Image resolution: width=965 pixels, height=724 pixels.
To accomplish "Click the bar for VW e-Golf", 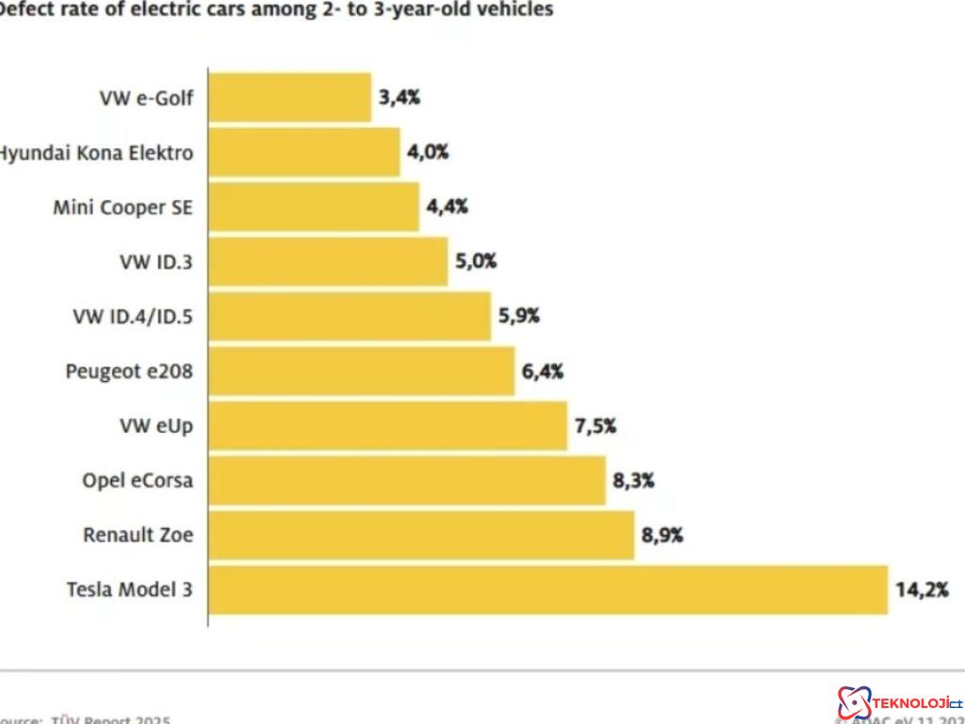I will coord(289,98).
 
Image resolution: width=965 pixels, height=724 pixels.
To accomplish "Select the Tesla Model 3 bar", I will coord(548,590).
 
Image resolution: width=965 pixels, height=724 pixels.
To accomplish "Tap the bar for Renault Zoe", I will coord(420,535).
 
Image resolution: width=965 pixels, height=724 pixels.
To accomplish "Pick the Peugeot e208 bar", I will coord(361,371).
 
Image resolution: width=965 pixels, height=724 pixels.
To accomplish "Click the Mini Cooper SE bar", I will coord(313,207).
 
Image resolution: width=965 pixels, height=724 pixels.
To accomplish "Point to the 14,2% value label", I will coord(922,590).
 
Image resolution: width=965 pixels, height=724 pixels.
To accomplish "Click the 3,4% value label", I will coord(399,98).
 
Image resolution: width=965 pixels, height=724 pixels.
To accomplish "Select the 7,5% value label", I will coord(596,426).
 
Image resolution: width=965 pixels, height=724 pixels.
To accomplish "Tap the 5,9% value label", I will coord(519,317).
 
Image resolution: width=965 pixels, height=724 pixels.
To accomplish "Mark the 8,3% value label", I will coord(633,481).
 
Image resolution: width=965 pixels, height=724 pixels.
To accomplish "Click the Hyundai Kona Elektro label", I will coord(94,153).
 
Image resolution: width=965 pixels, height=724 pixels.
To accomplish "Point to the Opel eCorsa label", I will coord(138,481).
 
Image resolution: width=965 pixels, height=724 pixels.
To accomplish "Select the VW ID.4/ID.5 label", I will coord(133,317).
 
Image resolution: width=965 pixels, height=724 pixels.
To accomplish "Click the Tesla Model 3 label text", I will coord(129,590).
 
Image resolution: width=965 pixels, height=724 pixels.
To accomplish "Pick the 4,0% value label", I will coord(428,153).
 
